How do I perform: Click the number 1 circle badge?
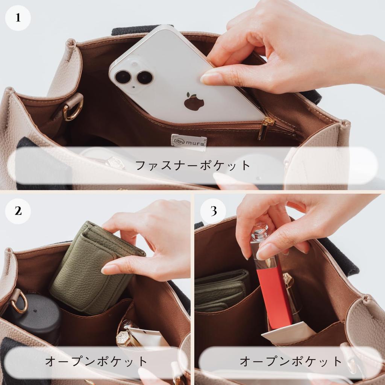(18, 18)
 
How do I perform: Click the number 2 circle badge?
(18, 211)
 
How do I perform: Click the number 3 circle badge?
(213, 211)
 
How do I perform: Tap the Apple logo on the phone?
(194, 102)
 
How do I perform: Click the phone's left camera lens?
(123, 77)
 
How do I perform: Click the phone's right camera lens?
(145, 77)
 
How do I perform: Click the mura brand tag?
(189, 142)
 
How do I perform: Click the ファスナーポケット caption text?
(192, 165)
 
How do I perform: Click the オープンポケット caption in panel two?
(96, 362)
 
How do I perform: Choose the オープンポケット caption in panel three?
(291, 362)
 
